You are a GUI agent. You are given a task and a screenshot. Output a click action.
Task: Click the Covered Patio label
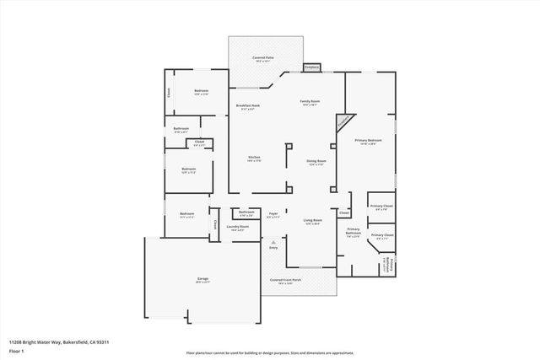coord(264,59)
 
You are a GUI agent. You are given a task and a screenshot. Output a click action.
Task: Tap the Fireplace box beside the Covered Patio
coord(312,67)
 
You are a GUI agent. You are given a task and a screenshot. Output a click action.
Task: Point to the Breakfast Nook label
coord(248,106)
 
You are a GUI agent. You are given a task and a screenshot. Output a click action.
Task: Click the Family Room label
coord(310,102)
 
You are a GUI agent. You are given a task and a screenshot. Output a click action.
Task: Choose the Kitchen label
coord(253,159)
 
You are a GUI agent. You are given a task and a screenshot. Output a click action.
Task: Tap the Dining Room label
coord(316,162)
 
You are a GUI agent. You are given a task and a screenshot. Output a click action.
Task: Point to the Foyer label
coord(274,215)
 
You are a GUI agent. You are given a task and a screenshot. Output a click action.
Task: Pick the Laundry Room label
coord(240,228)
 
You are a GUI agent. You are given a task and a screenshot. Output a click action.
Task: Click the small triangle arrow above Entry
coord(273,242)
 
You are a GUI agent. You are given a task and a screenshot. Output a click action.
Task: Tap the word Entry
coord(273,248)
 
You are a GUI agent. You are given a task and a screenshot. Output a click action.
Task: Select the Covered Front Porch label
coord(283,281)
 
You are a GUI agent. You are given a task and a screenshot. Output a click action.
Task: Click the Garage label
coord(202,279)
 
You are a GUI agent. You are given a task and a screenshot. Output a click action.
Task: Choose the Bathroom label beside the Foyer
coord(246,213)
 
